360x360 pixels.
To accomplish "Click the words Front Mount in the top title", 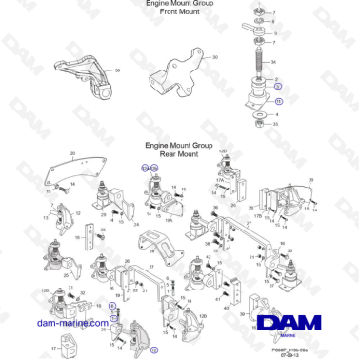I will pos(180,13).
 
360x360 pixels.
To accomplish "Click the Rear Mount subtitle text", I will pos(180,152).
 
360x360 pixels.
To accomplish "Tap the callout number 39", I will pos(117,71).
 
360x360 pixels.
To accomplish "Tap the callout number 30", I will pos(215,57).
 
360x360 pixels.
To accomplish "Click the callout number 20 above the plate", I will pos(72,152).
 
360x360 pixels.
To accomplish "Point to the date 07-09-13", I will pos(299,354).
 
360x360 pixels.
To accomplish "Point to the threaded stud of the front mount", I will pos(257,69).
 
